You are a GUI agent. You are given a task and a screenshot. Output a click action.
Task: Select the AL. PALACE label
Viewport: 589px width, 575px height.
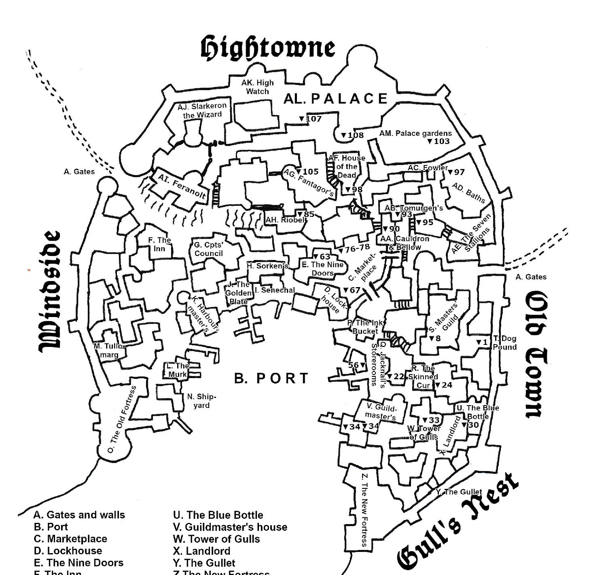(x=336, y=99)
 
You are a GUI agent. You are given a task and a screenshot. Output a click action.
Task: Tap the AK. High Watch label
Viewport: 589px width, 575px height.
(x=257, y=87)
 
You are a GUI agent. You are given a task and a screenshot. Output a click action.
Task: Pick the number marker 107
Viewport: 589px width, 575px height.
(x=310, y=119)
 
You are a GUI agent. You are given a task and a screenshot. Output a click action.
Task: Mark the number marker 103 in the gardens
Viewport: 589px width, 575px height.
(x=438, y=141)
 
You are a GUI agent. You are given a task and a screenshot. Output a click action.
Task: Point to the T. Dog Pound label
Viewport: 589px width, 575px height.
(x=504, y=342)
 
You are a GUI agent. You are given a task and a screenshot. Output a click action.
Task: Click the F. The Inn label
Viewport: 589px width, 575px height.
(x=159, y=244)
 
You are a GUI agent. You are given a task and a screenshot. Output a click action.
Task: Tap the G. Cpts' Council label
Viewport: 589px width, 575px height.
(x=208, y=249)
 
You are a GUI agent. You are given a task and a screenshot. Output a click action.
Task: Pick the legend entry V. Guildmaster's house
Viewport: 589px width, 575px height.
(x=230, y=527)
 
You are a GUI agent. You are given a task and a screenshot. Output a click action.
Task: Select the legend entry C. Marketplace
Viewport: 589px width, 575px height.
(x=70, y=539)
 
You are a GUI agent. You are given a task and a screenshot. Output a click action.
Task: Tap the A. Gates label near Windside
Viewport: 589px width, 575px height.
(x=79, y=172)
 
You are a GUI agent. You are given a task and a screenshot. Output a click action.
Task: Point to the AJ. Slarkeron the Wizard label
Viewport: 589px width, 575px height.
(x=202, y=110)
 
